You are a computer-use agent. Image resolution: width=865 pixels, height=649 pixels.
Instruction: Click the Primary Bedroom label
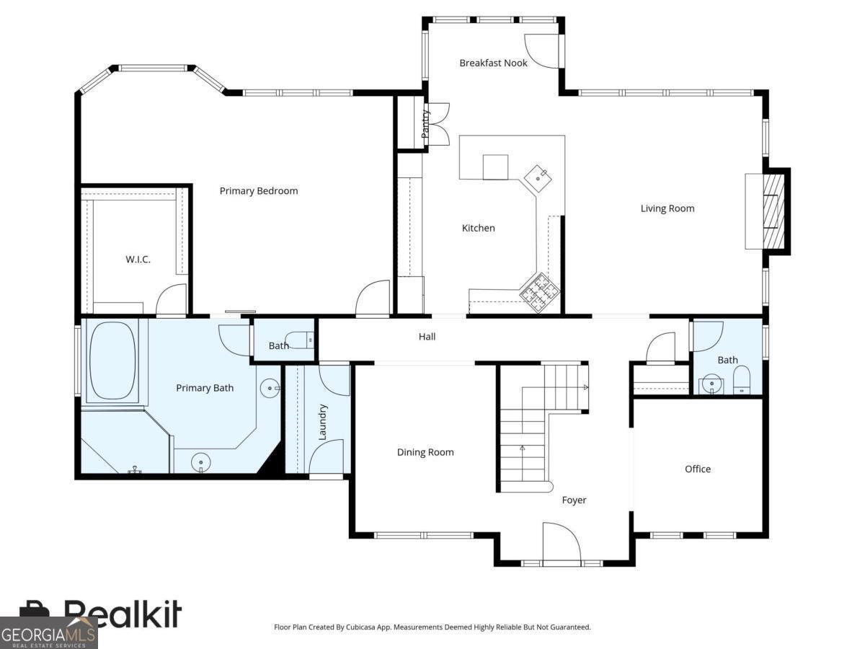tap(259, 191)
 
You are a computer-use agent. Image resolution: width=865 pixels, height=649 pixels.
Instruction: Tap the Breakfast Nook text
tap(493, 63)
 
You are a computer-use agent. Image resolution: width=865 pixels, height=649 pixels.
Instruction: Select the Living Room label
tap(667, 208)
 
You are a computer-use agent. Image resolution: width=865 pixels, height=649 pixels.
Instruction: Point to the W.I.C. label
tap(138, 260)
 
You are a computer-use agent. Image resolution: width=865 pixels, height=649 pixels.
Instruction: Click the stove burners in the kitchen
tap(540, 293)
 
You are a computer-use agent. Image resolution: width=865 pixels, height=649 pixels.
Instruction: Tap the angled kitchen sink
tap(538, 179)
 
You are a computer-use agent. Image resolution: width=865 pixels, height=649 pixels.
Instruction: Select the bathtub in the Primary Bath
tap(112, 361)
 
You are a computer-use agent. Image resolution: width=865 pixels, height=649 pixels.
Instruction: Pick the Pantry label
tap(425, 124)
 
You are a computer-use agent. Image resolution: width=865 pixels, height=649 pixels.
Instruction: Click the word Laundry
tap(322, 422)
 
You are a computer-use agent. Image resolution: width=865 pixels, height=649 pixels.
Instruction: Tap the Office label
tap(698, 469)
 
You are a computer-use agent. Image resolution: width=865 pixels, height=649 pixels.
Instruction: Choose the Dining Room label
tap(425, 452)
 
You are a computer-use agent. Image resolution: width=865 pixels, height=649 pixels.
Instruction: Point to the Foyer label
tap(574, 500)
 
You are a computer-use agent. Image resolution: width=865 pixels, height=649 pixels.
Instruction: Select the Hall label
tap(427, 337)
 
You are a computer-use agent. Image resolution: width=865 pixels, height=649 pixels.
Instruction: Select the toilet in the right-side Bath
tap(742, 379)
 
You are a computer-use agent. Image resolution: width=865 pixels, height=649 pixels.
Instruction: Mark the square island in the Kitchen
tap(495, 167)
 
